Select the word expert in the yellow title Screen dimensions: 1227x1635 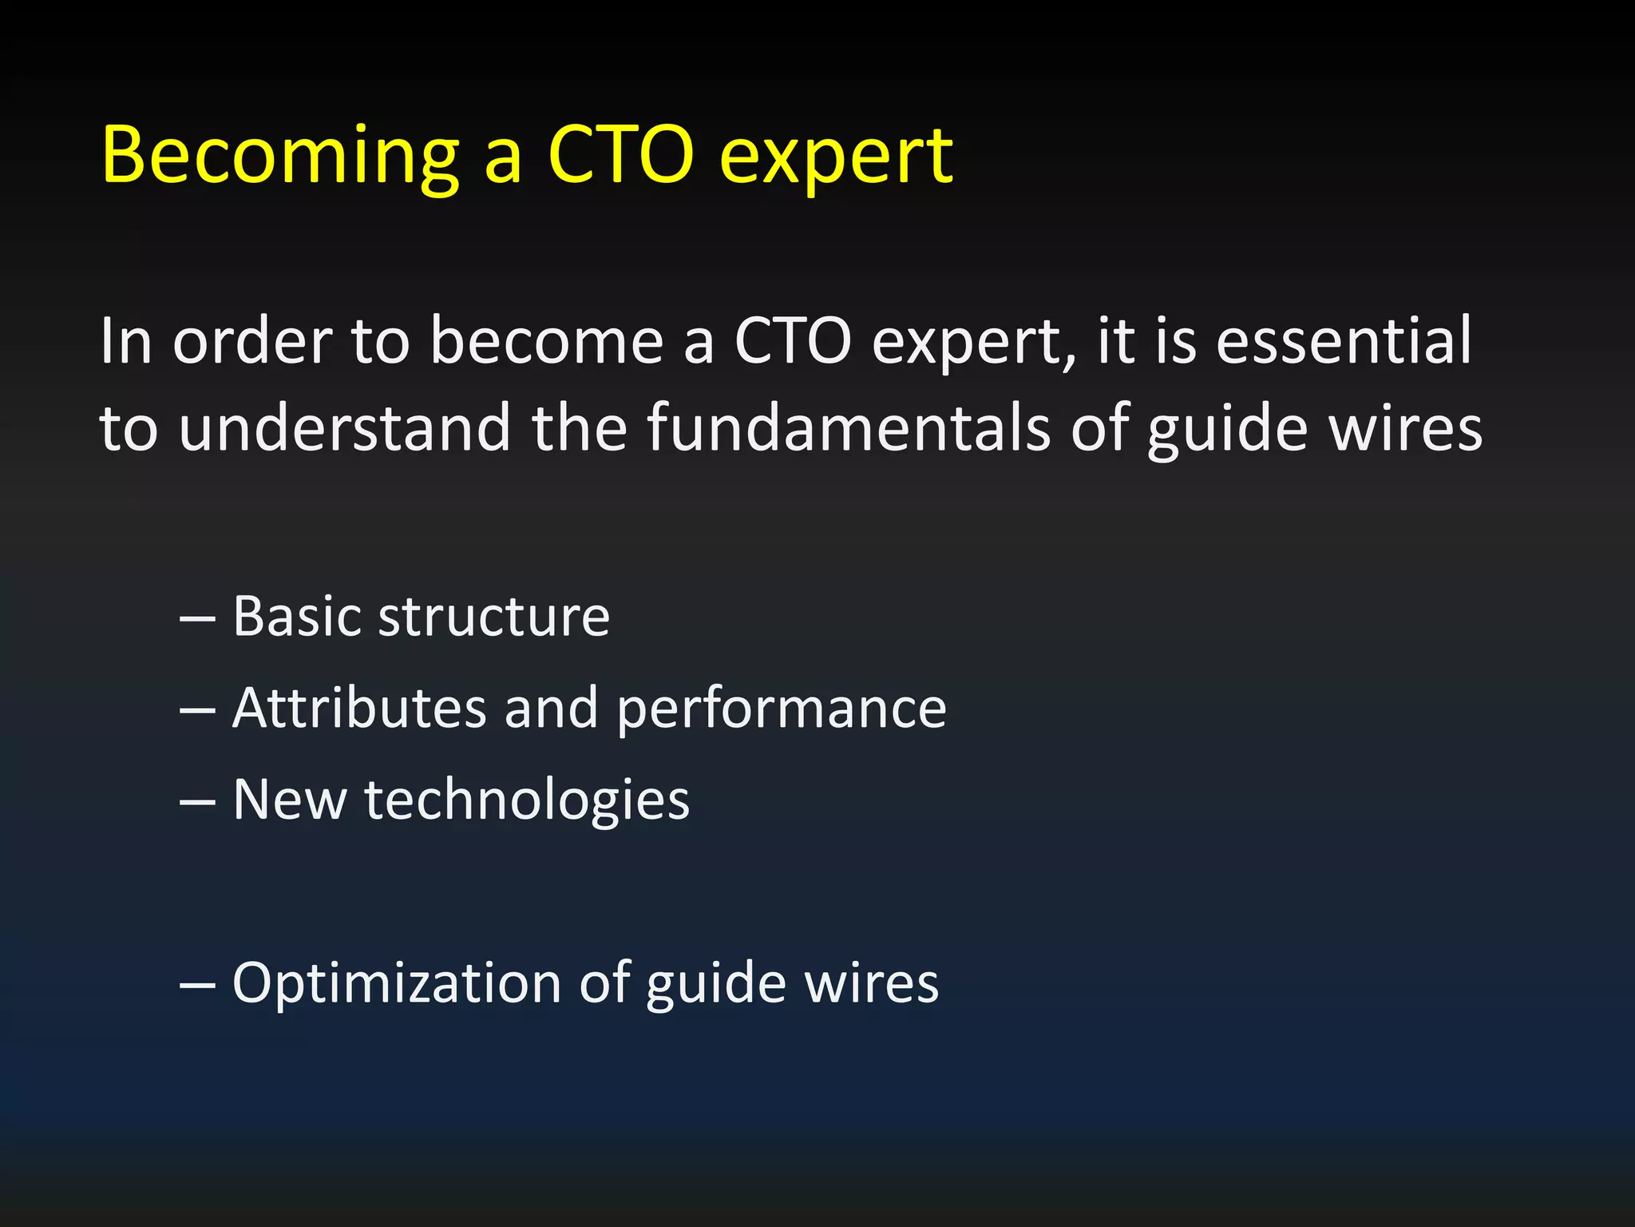pyautogui.click(x=835, y=157)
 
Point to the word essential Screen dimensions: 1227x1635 pyautogui.click(x=1344, y=340)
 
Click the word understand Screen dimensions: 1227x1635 pyautogui.click(x=344, y=428)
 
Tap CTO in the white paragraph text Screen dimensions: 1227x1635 pyautogui.click(x=793, y=342)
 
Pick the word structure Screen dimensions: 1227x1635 pyautogui.click(x=494, y=618)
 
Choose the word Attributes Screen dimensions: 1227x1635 pyautogui.click(x=359, y=709)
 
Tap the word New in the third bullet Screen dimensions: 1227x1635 pyautogui.click(x=290, y=800)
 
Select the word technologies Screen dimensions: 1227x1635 pyautogui.click(x=527, y=801)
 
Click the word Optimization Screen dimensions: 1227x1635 pyautogui.click(x=397, y=983)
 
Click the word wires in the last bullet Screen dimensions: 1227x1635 pyautogui.click(x=872, y=983)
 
